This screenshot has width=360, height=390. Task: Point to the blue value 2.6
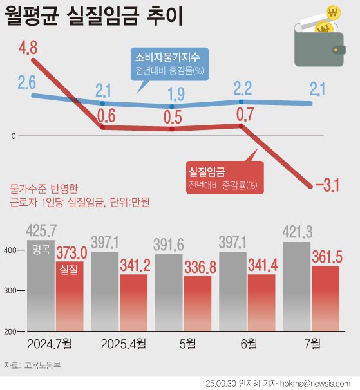pyautogui.click(x=27, y=82)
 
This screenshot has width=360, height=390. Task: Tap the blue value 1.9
pyautogui.click(x=176, y=95)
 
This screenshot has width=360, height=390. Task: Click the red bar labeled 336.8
pyautogui.click(x=198, y=302)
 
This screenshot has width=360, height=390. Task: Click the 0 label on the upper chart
pyautogui.click(x=13, y=137)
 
